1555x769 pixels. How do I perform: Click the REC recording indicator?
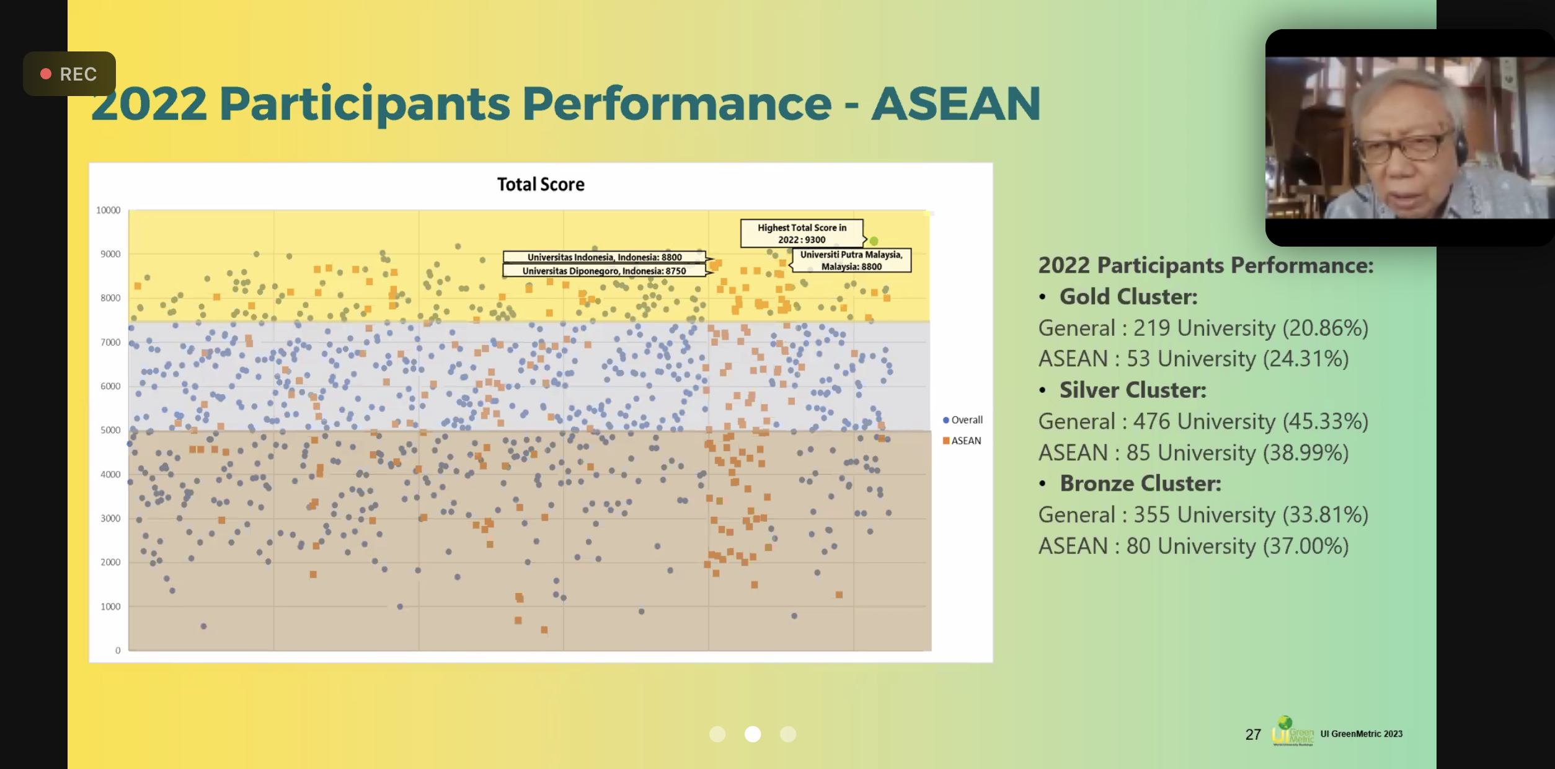(69, 74)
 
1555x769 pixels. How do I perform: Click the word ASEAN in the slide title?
(955, 103)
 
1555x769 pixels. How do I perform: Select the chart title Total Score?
(541, 184)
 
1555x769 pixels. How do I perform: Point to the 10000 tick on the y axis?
(108, 210)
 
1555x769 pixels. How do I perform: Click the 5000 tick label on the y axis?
(110, 430)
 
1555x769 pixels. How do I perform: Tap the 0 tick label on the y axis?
(118, 650)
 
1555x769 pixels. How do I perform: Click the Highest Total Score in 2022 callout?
(802, 234)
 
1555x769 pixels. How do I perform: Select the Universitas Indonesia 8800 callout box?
(605, 257)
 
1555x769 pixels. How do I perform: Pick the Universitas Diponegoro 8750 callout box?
(605, 271)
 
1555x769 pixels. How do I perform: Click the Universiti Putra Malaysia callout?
(851, 260)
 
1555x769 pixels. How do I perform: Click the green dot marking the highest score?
(874, 241)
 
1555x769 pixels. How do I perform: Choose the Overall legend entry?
(962, 420)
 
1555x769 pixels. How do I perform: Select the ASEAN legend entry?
(962, 441)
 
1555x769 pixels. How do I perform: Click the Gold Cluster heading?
(1128, 297)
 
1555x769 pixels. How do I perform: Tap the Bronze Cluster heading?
(1140, 483)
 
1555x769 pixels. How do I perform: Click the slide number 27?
(1253, 734)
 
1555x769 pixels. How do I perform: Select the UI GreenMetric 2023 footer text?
(1361, 734)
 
